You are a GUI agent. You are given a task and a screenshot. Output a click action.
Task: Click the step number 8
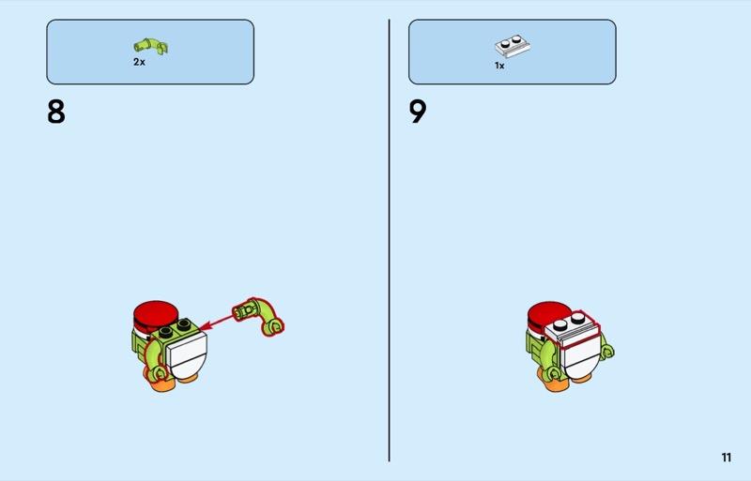point(56,112)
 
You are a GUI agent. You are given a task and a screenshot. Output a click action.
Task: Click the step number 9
point(418,112)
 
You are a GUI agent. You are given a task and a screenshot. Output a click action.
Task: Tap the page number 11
point(726,458)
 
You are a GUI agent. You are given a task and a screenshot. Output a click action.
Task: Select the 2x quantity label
point(139,62)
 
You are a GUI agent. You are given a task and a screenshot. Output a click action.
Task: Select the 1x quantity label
point(499,66)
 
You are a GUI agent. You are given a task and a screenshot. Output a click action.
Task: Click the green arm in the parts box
point(150,46)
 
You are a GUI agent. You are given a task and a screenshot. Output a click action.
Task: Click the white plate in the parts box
point(512,45)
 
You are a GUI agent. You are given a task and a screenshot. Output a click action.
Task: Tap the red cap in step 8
point(156,313)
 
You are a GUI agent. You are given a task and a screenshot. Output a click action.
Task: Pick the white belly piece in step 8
point(188,354)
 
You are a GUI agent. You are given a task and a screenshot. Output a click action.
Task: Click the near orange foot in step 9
point(558,384)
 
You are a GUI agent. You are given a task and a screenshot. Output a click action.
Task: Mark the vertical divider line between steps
point(389,240)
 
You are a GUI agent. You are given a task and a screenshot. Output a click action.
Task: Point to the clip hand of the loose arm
point(272,326)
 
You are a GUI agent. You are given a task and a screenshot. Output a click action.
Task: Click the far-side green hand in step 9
point(607,352)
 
